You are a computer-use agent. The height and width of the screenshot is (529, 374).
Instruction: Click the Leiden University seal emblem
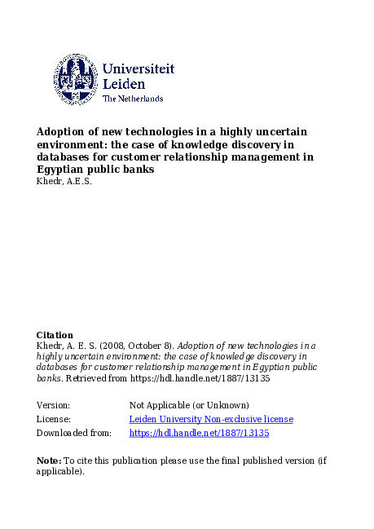click(76, 78)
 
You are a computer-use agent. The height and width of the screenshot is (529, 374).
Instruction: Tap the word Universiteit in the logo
click(139, 69)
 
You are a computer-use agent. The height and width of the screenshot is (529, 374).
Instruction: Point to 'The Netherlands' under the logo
click(133, 99)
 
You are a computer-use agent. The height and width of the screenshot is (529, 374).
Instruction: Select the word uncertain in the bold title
click(273, 131)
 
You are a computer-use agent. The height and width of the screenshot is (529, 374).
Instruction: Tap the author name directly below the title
click(64, 181)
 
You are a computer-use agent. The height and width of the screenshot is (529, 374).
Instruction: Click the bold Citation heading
click(55, 335)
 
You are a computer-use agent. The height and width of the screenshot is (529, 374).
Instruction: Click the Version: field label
click(54, 405)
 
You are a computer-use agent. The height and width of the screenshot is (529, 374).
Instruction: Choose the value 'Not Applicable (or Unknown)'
click(189, 405)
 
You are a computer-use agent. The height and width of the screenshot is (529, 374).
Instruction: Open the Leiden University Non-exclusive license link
click(211, 419)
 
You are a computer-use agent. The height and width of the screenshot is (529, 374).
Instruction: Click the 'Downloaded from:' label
click(74, 433)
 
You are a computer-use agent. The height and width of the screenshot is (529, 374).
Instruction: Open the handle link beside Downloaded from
click(199, 433)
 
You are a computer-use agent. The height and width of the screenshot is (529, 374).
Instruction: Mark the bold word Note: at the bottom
click(48, 461)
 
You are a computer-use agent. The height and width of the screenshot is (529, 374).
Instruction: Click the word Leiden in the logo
click(124, 84)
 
